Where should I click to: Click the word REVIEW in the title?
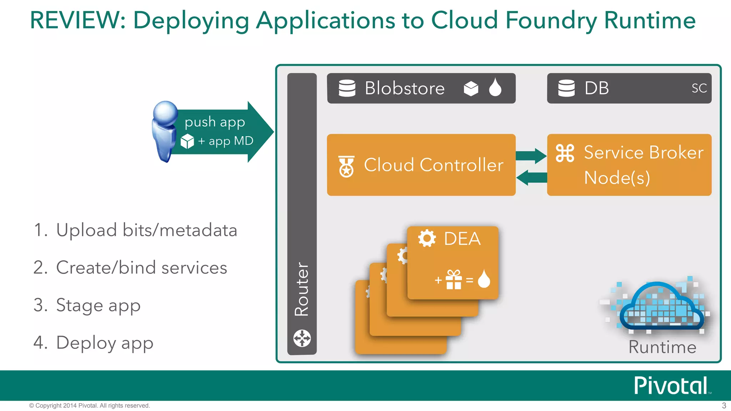click(x=77, y=20)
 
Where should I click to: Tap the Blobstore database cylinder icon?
click(x=347, y=88)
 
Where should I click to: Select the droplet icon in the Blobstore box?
click(x=495, y=87)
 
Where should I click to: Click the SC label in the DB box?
click(x=699, y=88)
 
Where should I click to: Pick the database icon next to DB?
click(x=566, y=88)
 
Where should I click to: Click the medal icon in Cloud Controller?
click(x=346, y=167)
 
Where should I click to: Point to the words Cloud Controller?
click(x=433, y=165)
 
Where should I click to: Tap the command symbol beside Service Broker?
click(x=565, y=153)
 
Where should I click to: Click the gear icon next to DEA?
click(x=427, y=238)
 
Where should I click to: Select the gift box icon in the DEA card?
click(x=454, y=280)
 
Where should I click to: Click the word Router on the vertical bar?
click(x=302, y=289)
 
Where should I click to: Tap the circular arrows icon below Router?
click(x=302, y=338)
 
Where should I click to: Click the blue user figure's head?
click(x=165, y=112)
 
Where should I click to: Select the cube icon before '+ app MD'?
click(x=187, y=141)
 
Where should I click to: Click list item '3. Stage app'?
click(x=87, y=305)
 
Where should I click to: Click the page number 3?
click(x=724, y=405)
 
